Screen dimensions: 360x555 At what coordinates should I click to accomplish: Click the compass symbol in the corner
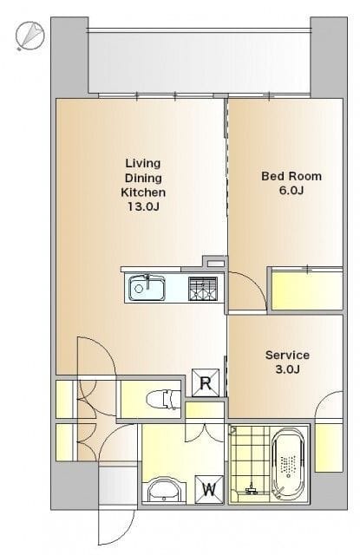click(x=29, y=36)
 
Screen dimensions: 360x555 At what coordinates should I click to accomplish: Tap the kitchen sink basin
click(x=147, y=289)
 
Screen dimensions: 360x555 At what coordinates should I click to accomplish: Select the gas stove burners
click(x=202, y=289)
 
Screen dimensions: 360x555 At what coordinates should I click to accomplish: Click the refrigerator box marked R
click(x=206, y=382)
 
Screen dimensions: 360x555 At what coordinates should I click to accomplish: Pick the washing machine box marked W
click(x=209, y=489)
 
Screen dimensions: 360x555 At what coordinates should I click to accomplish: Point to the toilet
click(x=163, y=399)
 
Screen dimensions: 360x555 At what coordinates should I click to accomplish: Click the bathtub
click(x=290, y=463)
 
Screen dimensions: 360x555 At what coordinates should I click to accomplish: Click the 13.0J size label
click(x=143, y=206)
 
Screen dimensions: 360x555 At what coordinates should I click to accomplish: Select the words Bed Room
click(x=291, y=176)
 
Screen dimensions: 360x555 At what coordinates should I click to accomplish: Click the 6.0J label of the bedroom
click(x=291, y=191)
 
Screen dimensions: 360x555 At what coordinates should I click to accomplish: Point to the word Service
click(x=287, y=355)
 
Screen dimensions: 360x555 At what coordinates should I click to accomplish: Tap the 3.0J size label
click(x=287, y=369)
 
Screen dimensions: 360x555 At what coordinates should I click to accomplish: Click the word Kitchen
click(x=143, y=193)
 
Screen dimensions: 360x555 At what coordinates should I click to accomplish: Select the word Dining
click(x=143, y=178)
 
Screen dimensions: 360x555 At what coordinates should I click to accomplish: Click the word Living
click(x=143, y=163)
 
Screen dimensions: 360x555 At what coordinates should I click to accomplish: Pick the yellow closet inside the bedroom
click(x=307, y=291)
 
